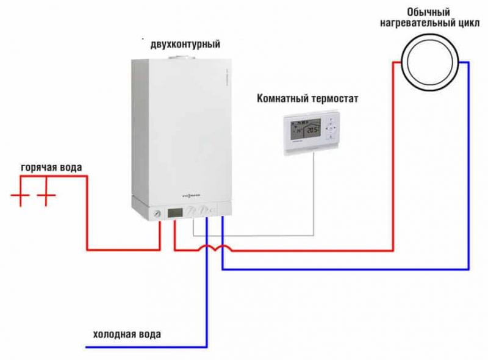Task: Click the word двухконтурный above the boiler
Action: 185,45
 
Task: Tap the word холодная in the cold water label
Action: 114,334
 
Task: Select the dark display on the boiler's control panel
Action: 174,212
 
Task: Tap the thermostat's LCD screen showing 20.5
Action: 306,130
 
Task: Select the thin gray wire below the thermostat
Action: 314,195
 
